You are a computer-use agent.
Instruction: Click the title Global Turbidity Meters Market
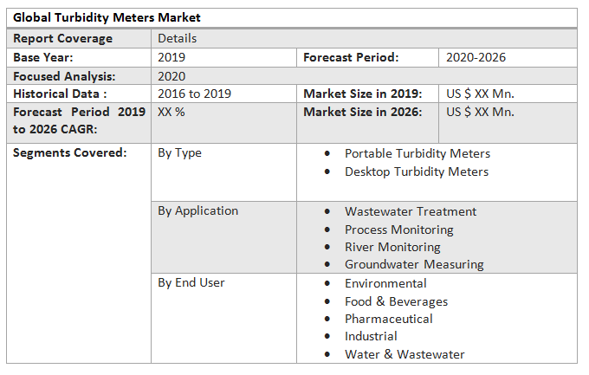coord(107,18)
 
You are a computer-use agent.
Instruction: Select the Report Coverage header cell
coord(62,38)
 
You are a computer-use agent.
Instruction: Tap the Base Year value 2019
coord(172,57)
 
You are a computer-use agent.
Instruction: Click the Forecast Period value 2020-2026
coord(476,57)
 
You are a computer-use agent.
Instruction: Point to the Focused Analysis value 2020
coord(172,76)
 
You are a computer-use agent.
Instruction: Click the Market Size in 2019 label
coord(362,94)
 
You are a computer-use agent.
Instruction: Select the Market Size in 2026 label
coord(362,112)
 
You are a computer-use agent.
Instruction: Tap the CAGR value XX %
coord(172,112)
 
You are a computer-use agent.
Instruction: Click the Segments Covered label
coord(69,153)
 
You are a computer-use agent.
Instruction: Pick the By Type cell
coord(179,153)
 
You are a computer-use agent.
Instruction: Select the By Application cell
coord(197,210)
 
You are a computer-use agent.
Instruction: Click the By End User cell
coord(191,282)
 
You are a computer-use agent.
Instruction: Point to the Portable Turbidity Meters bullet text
coord(417,153)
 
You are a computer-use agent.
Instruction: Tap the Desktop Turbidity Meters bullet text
coord(416,171)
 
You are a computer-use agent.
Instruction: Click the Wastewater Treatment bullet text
coord(410,211)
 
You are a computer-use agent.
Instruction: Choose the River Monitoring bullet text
coord(392,247)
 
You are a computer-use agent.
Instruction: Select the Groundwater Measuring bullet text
coord(414,264)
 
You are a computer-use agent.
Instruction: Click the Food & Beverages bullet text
coord(396,301)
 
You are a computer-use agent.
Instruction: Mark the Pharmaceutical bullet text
coord(388,319)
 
